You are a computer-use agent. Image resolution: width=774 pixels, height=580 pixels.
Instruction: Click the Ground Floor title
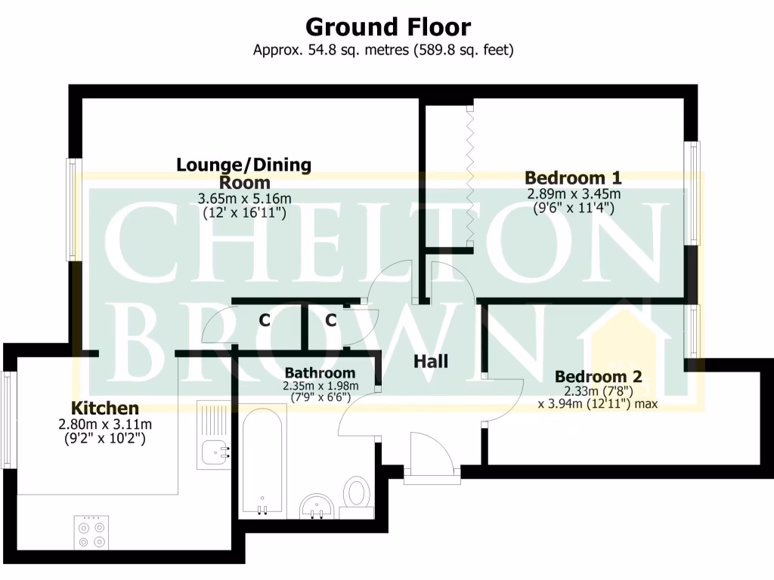tap(387, 27)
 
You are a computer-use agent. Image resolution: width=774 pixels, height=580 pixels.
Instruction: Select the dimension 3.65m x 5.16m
tap(244, 199)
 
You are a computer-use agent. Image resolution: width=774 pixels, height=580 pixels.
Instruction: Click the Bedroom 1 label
tap(573, 178)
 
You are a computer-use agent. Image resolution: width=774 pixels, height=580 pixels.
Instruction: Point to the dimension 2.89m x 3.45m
tap(573, 194)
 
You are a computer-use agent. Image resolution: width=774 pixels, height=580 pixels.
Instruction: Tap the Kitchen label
tap(105, 408)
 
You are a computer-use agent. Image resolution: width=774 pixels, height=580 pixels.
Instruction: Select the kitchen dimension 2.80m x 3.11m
tap(105, 424)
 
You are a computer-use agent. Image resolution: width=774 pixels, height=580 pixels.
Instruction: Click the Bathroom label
tap(320, 372)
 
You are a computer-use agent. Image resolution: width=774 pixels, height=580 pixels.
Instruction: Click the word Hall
tap(431, 362)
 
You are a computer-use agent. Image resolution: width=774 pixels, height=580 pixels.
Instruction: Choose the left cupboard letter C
tap(265, 320)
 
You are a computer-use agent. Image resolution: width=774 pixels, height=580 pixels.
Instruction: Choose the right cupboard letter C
tap(331, 320)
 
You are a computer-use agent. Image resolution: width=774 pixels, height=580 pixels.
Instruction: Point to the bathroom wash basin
tap(319, 506)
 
